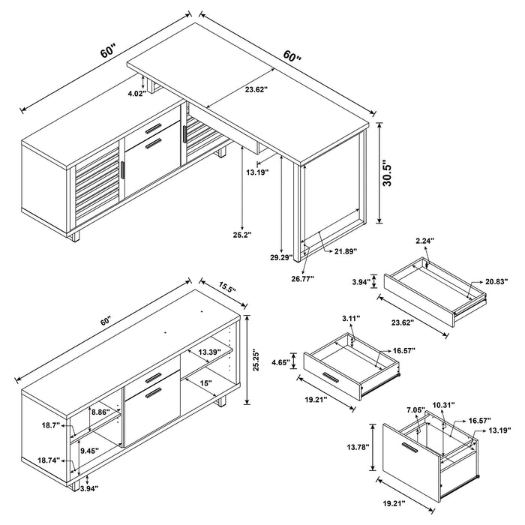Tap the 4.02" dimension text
click(136, 94)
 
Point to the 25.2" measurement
click(242, 234)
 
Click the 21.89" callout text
click(345, 250)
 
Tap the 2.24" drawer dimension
click(425, 241)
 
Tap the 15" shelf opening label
click(206, 383)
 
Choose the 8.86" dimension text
click(99, 412)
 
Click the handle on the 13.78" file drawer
click(410, 448)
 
